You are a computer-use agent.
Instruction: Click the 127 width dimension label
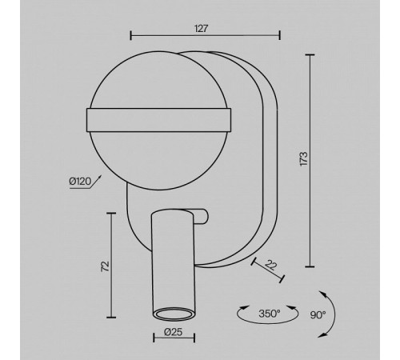point(201,29)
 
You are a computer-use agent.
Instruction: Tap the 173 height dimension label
point(304,159)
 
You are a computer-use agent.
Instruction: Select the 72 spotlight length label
point(106,266)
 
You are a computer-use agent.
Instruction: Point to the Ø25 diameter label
point(174,332)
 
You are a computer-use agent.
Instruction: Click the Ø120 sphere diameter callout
point(80,182)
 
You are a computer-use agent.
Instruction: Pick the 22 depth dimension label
point(271,266)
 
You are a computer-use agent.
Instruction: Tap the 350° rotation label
point(270,314)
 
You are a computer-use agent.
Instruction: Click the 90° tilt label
point(318,315)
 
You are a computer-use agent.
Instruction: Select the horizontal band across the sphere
point(159,120)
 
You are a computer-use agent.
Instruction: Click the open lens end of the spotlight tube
point(173,314)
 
